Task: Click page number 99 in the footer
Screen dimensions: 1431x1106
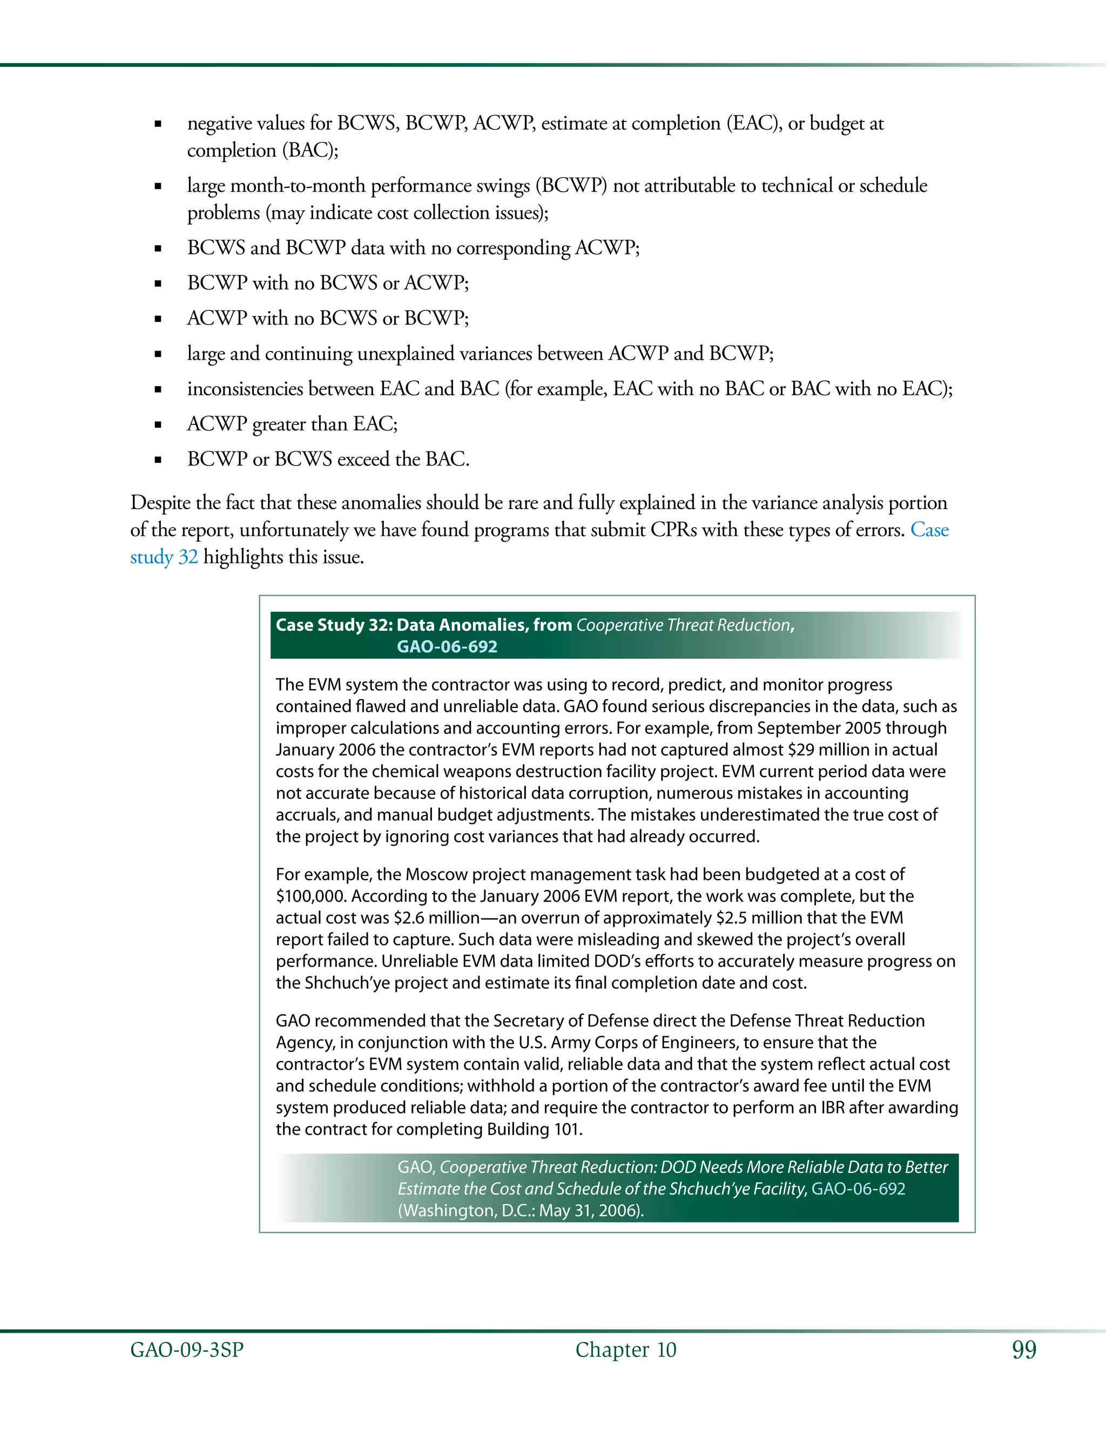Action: (1024, 1350)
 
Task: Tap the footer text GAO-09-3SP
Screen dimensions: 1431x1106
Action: (187, 1350)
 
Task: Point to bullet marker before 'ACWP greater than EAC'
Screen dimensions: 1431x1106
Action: (158, 424)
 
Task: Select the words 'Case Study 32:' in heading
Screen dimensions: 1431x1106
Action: (334, 625)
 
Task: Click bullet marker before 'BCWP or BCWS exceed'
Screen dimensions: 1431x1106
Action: (158, 460)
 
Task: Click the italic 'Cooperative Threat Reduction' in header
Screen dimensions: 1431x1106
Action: (683, 625)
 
